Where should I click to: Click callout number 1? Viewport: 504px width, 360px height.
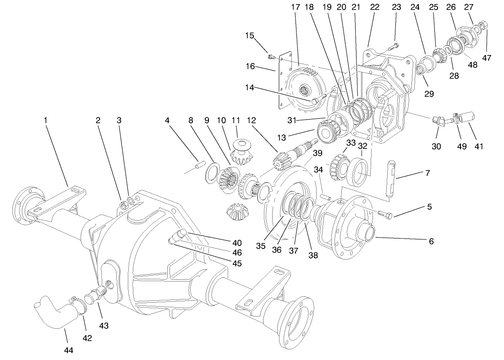(x=45, y=120)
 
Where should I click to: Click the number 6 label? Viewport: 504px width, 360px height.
(x=429, y=240)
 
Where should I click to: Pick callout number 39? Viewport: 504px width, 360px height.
(x=316, y=153)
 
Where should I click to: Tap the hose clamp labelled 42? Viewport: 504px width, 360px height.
(x=78, y=305)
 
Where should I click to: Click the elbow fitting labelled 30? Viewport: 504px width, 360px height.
(x=438, y=121)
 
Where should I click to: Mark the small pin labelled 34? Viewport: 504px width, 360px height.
(x=325, y=196)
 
